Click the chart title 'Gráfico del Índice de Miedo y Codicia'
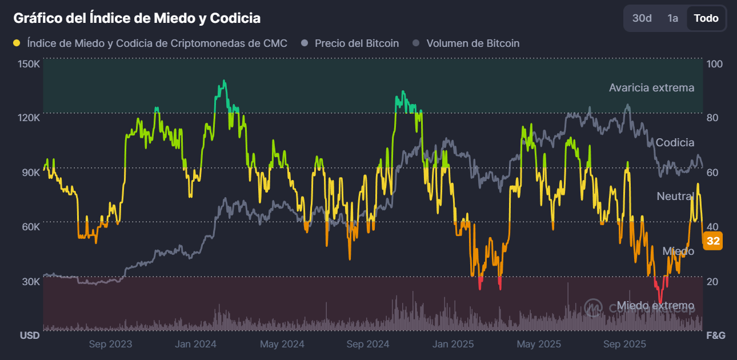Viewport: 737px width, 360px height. [x=137, y=18]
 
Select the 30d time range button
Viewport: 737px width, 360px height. [x=642, y=18]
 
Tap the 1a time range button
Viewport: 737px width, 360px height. [x=672, y=18]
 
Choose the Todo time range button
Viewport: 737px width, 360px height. [x=706, y=18]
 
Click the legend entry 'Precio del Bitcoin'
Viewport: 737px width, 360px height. [x=357, y=43]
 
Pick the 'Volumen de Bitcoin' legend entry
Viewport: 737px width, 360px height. [x=472, y=43]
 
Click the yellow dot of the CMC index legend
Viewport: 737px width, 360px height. [x=17, y=43]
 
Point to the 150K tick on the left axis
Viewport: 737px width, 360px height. [x=29, y=64]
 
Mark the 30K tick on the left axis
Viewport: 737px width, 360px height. [x=30, y=282]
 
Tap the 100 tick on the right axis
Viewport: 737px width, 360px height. [x=715, y=64]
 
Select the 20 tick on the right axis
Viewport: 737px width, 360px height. [x=712, y=282]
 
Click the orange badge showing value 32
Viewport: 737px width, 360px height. [x=713, y=241]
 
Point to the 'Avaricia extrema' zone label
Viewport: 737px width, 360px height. [x=651, y=88]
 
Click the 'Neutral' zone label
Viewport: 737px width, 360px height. [x=675, y=197]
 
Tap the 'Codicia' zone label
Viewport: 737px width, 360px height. [x=675, y=143]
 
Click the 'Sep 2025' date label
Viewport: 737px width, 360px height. [x=624, y=344]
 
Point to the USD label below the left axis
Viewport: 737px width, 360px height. [x=30, y=335]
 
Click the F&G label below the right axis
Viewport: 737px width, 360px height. [x=716, y=335]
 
